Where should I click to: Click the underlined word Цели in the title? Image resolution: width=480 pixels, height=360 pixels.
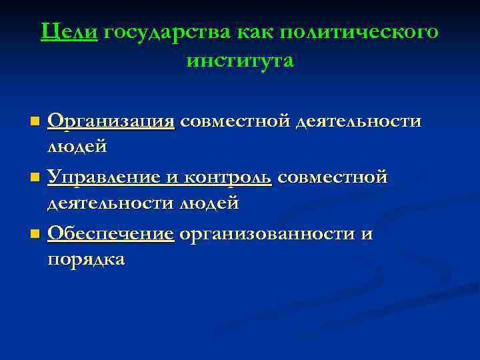point(69,31)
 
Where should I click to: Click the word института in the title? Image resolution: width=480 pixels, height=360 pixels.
point(240,60)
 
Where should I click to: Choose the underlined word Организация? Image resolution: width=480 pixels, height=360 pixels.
point(111,122)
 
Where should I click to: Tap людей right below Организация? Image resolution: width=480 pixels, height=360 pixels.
point(77,146)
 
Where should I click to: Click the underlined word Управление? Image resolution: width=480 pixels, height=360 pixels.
point(105,178)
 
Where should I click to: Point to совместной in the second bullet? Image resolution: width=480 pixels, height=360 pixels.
point(332,178)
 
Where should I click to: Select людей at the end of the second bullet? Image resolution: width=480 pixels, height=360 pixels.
point(208,203)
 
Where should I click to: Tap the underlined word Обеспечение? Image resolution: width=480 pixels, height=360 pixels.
point(111,234)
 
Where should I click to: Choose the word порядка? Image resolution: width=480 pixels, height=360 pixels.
point(86,259)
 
